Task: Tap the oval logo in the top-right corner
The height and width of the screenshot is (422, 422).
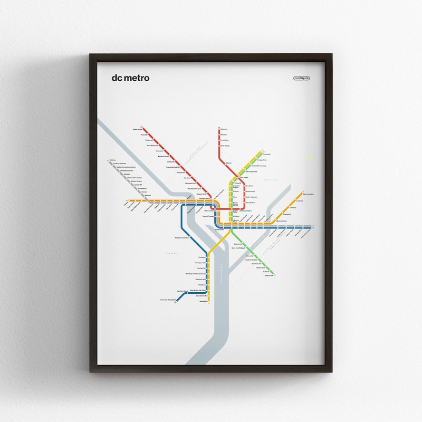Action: click(x=302, y=78)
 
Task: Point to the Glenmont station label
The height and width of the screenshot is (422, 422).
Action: click(x=224, y=129)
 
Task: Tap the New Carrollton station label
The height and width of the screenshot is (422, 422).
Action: click(x=308, y=194)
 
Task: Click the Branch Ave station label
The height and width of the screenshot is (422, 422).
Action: click(x=269, y=275)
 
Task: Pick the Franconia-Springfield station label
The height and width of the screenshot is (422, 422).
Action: click(x=168, y=300)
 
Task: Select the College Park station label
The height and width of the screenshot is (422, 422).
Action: click(x=262, y=160)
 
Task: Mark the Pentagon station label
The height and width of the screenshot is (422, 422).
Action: click(x=202, y=257)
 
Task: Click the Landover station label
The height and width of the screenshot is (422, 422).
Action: click(x=300, y=200)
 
